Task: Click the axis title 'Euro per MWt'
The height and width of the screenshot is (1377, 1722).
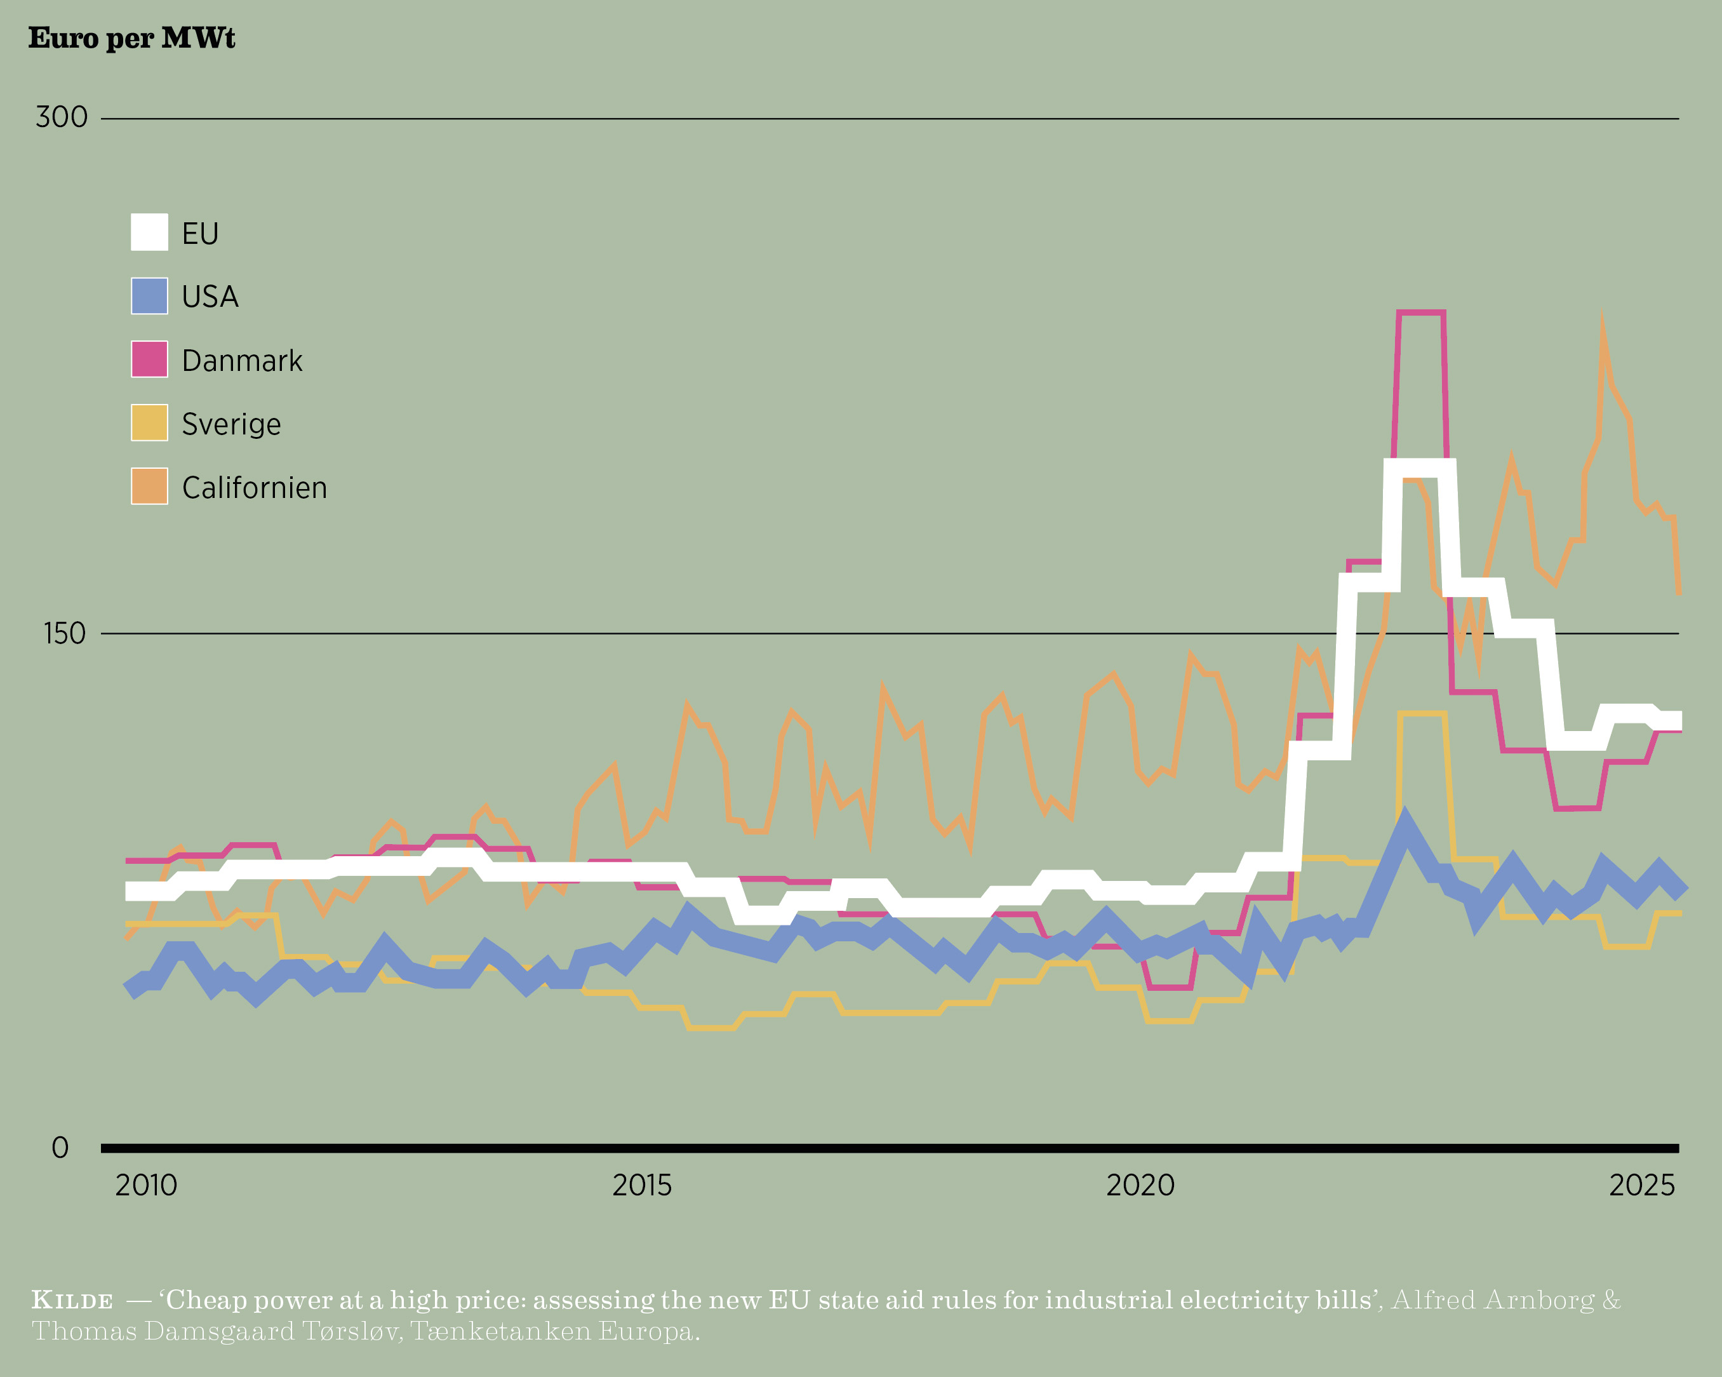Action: [132, 38]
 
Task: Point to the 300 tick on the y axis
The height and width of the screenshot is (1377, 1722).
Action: [62, 118]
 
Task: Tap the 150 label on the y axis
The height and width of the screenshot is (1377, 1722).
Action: [64, 633]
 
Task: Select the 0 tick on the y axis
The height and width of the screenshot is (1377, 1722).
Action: [60, 1148]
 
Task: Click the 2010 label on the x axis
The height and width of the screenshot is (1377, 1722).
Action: [146, 1185]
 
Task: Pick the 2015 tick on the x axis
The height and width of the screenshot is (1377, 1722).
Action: [642, 1185]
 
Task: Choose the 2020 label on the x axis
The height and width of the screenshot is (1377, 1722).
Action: [1140, 1185]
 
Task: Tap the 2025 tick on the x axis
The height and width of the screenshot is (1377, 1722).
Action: [1641, 1185]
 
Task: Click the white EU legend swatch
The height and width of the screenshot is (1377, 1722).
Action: [149, 232]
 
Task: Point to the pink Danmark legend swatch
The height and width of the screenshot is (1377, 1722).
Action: [149, 359]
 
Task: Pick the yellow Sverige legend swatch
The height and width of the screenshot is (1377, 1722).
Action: [149, 422]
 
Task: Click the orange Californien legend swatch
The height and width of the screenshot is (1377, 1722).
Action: [149, 487]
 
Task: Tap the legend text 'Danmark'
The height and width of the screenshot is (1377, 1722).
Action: [242, 361]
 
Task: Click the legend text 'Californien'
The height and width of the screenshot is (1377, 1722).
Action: [254, 488]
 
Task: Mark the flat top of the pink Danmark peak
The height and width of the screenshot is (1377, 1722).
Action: [1421, 312]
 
